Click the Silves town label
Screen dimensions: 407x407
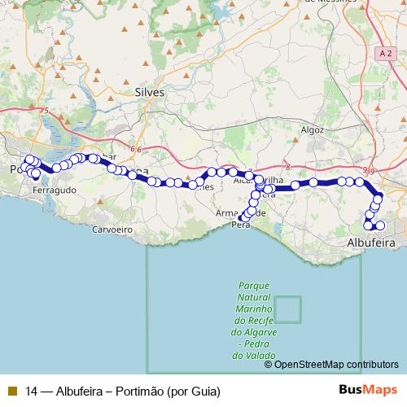(150, 93)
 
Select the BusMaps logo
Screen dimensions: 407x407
(366, 390)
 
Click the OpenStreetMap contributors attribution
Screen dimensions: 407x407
(336, 364)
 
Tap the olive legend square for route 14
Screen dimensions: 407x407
(12, 391)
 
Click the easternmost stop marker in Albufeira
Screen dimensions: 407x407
(380, 225)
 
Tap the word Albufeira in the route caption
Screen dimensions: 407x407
(81, 391)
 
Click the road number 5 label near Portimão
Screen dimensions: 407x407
(47, 111)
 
